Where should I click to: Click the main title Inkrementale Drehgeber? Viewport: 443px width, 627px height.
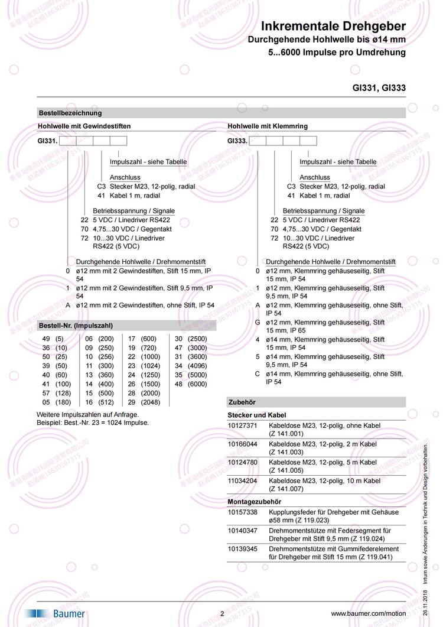334,27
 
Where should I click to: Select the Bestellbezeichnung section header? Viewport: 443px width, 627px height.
70,113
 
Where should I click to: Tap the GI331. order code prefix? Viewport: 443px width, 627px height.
48,141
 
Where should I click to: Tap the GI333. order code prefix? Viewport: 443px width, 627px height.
237,141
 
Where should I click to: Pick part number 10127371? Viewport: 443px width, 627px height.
243,425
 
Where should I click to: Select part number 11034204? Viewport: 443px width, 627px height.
243,481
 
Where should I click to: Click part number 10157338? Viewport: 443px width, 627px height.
243,512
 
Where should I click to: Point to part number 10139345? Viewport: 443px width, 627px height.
243,549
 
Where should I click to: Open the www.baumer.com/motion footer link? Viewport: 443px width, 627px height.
369,614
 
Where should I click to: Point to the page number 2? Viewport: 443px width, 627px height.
222,614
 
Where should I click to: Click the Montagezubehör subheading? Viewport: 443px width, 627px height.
255,501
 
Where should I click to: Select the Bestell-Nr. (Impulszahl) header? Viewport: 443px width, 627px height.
76,325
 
